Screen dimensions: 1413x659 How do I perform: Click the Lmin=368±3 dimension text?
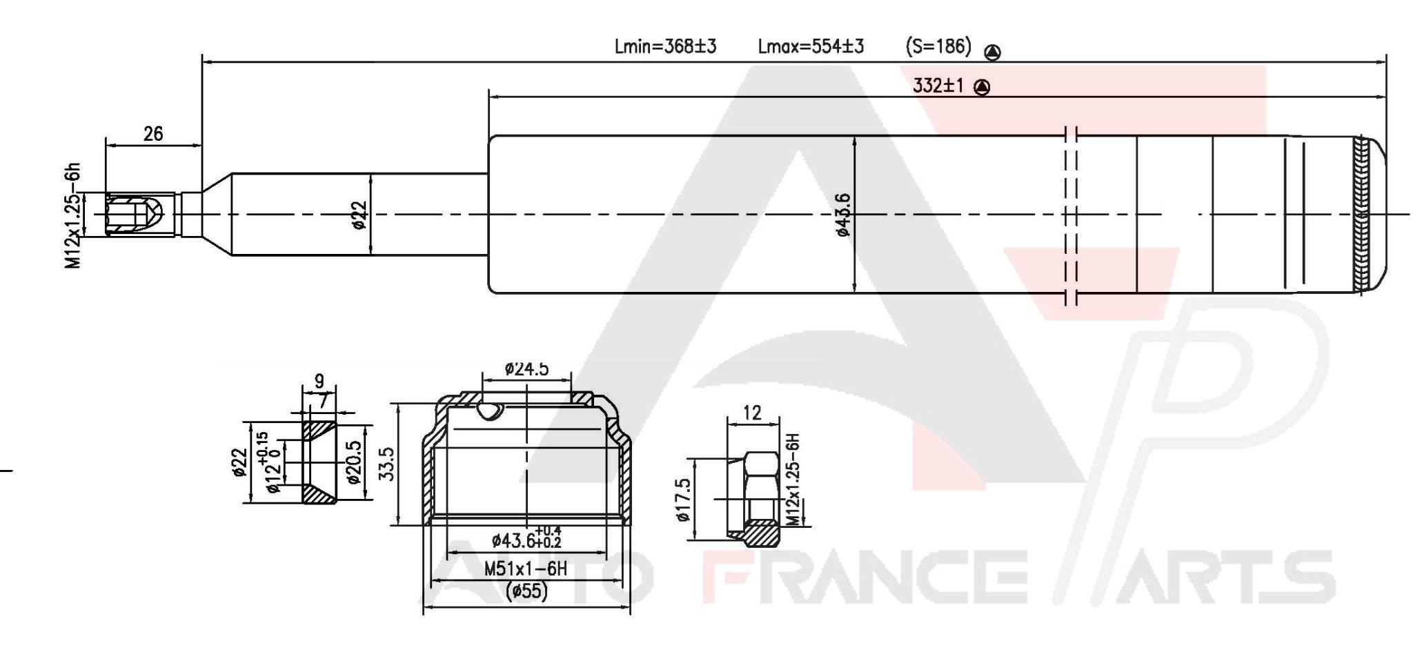click(665, 47)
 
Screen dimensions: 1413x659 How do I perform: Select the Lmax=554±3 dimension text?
click(811, 47)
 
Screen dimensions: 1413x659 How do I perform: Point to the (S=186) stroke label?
click(938, 47)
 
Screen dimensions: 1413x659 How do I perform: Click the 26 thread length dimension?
click(153, 134)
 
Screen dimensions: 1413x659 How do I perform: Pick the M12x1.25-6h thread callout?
click(74, 215)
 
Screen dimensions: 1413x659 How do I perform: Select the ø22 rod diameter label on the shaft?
click(359, 214)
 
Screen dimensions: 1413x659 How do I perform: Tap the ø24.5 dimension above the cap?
click(526, 368)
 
